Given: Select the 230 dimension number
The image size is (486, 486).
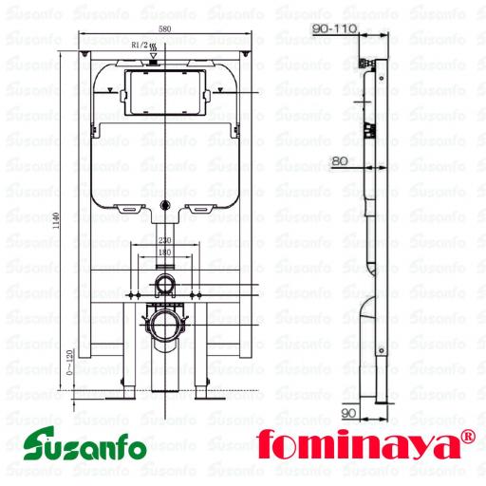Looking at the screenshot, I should coord(164,241).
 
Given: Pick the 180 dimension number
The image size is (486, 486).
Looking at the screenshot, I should coord(164,253).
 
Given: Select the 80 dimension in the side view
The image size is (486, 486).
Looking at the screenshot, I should coord(339,160).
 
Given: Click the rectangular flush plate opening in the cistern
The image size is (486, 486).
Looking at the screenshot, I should coord(164,89).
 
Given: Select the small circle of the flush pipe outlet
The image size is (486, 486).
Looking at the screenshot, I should coord(164,285).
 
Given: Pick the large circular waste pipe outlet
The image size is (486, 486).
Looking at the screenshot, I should coord(164,325).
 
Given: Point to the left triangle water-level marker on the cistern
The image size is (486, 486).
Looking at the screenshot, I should coord(115,88).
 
